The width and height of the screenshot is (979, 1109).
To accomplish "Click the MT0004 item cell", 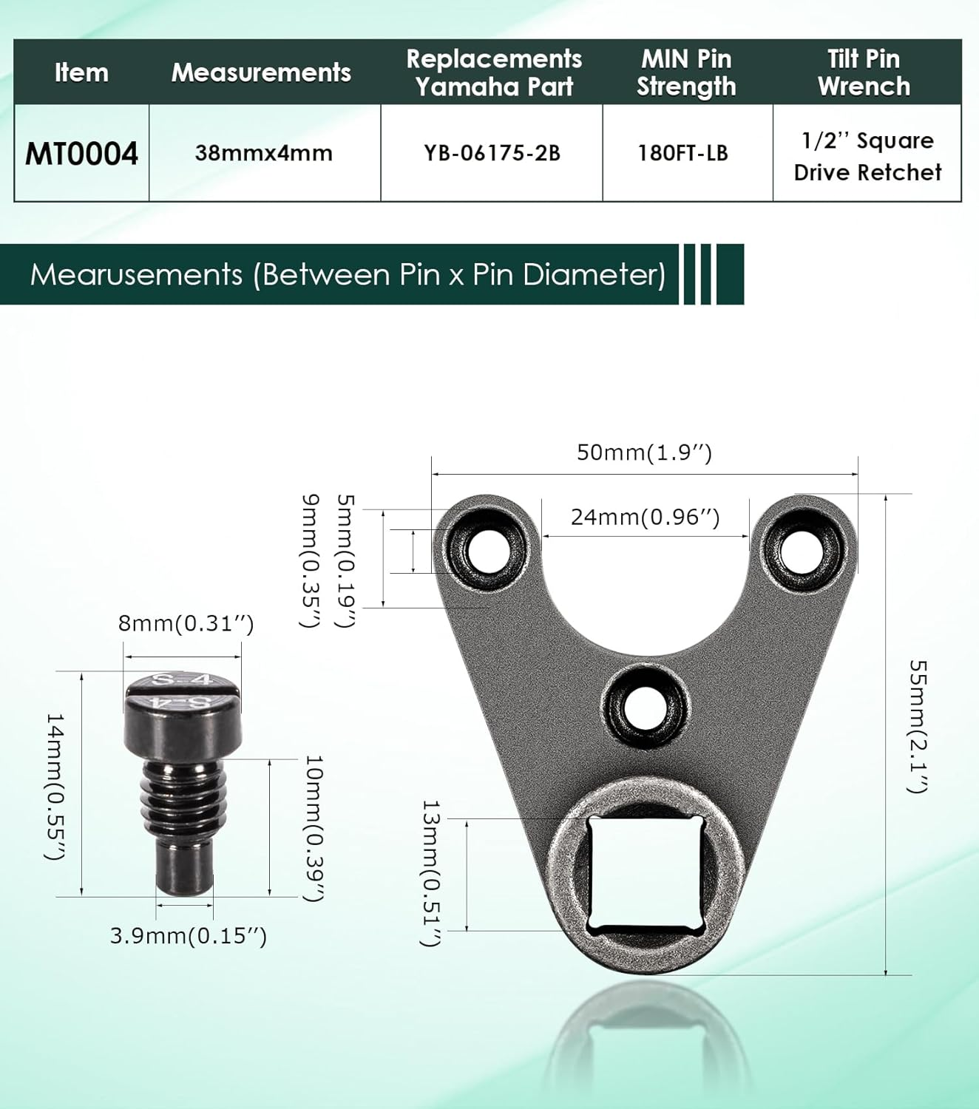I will (81, 153).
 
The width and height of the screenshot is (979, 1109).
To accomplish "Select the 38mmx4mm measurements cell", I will (264, 153).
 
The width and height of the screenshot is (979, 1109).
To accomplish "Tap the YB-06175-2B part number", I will (492, 153).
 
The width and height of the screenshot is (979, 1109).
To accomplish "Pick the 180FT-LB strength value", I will (683, 153).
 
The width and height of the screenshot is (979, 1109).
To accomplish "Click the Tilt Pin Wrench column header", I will (864, 72).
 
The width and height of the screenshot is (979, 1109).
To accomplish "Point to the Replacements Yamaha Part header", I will (494, 72).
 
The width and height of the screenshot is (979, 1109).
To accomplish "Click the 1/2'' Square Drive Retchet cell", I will (867, 156).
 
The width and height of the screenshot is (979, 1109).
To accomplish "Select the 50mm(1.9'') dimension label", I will (644, 452).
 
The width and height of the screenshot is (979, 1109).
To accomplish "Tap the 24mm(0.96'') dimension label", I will (645, 517).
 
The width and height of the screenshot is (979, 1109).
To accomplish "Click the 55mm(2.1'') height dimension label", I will (917, 727).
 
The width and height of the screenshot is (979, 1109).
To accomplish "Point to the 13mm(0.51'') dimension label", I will (431, 872).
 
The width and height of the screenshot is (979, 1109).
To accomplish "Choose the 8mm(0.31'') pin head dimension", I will (186, 623).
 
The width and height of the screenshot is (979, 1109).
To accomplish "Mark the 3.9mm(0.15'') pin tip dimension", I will (188, 935).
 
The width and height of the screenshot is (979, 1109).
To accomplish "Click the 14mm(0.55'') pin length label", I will (56, 787).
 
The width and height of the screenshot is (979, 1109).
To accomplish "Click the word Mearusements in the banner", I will (136, 274).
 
